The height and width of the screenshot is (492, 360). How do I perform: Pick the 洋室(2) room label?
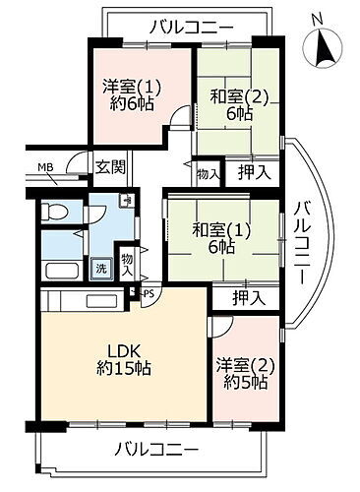click(241, 374)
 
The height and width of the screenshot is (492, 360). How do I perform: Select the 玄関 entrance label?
click(109, 166)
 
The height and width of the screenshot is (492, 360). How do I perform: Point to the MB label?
click(46, 167)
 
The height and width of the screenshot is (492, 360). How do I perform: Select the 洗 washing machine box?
click(100, 269)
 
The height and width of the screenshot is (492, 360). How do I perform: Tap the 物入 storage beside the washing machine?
click(127, 263)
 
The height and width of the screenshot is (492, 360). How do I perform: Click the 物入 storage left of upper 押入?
click(207, 173)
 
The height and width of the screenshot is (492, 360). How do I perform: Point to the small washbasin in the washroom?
click(126, 202)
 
